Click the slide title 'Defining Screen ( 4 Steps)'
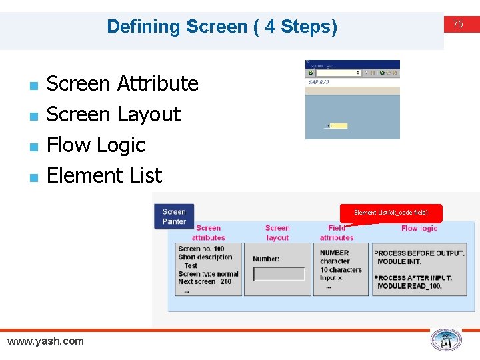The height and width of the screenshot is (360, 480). [222, 27]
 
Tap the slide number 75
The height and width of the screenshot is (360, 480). [458, 24]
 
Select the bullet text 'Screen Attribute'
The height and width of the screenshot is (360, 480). [123, 83]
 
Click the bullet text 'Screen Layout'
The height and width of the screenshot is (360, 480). [113, 114]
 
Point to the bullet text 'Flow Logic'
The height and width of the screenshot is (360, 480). [96, 145]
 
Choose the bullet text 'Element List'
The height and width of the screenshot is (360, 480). [105, 175]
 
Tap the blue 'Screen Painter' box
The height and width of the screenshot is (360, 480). [174, 217]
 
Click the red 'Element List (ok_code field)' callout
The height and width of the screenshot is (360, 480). [391, 213]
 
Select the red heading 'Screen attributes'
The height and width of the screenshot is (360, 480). [208, 233]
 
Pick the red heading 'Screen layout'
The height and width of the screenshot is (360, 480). [277, 233]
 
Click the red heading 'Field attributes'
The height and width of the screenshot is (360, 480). [337, 233]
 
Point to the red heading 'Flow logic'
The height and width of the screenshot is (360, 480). [419, 228]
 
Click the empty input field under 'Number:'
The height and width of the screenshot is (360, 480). [279, 275]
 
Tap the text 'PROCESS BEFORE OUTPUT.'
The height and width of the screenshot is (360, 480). [419, 253]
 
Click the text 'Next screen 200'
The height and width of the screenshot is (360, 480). [205, 281]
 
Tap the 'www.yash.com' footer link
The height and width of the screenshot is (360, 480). [45, 341]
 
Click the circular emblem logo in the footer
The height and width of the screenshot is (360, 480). [445, 340]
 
